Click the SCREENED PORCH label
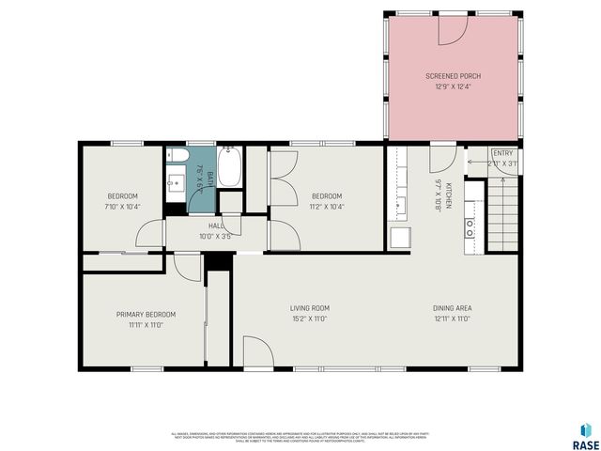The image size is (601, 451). [453, 76]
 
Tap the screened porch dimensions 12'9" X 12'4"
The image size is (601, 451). [453, 86]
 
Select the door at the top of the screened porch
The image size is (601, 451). [453, 29]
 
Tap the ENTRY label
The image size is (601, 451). [503, 153]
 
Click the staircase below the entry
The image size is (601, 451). [502, 216]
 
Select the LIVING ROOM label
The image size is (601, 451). [308, 308]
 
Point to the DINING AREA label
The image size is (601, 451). [452, 308]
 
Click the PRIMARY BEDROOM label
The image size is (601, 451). [146, 314]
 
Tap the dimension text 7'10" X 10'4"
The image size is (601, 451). [122, 207]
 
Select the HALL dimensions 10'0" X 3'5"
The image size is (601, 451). [215, 236]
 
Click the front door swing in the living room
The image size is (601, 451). [256, 352]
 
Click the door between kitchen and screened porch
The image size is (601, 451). [443, 156]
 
